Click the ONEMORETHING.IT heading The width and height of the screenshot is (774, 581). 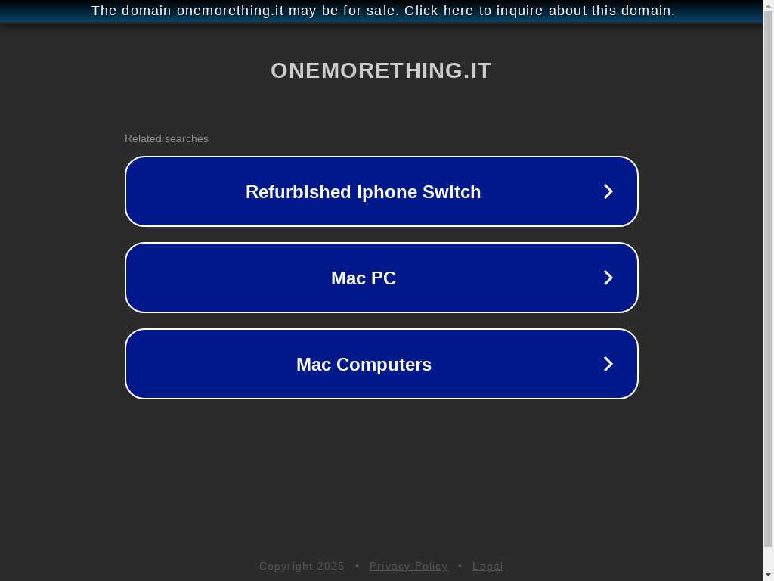(381, 70)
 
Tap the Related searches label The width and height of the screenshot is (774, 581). (166, 139)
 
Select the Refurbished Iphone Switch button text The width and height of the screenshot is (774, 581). (364, 191)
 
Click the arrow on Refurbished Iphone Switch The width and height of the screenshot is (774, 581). (608, 191)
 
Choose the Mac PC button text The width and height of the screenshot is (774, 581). (364, 278)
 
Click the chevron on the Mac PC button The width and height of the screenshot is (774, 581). (608, 278)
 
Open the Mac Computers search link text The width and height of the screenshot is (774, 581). (364, 365)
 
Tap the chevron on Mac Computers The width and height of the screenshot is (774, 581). (608, 364)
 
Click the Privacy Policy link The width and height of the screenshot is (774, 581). (409, 566)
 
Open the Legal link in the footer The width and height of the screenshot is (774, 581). (488, 566)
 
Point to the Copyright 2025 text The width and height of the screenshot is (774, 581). (302, 566)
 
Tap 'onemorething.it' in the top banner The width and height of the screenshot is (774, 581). (231, 11)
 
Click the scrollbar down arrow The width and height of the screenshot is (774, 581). (769, 576)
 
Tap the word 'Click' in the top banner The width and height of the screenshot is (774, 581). (421, 11)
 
